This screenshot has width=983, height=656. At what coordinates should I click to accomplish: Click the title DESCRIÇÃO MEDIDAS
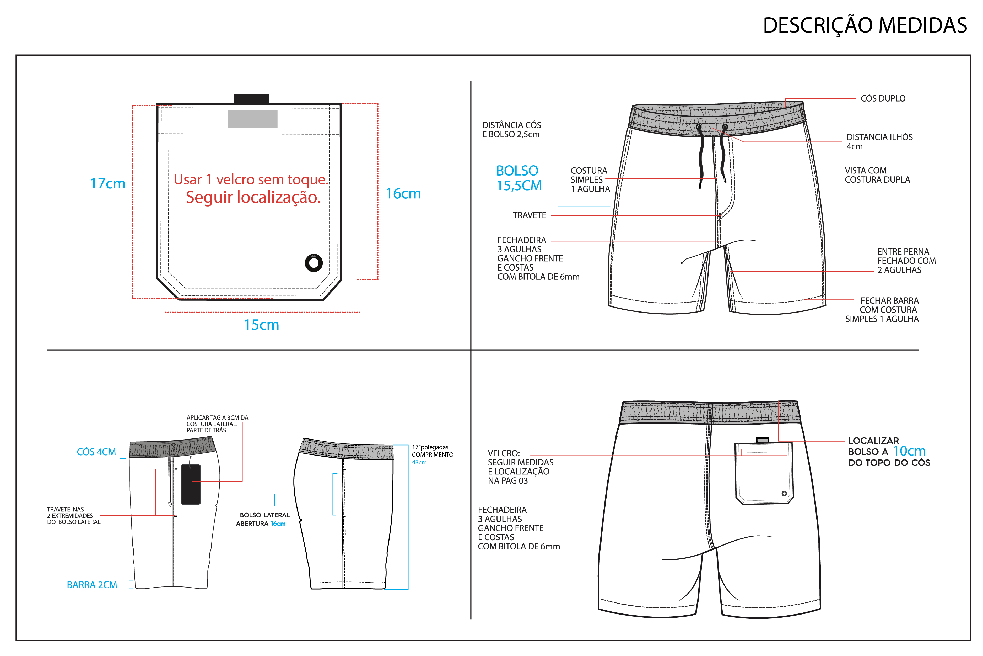click(865, 25)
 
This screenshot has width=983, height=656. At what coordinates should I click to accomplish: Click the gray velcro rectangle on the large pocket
click(252, 119)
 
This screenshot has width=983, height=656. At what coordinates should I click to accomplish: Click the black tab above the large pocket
click(252, 99)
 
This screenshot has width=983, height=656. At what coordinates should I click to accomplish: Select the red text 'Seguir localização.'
click(253, 197)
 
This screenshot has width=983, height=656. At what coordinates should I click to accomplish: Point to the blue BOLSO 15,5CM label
click(519, 178)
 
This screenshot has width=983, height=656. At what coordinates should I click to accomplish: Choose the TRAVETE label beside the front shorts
click(530, 215)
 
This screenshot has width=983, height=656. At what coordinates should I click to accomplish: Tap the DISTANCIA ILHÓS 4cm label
click(879, 141)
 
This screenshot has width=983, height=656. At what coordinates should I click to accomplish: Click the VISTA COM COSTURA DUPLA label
click(877, 175)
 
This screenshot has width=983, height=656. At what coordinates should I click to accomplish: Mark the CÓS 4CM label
click(96, 452)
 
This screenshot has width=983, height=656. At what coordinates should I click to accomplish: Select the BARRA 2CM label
click(92, 585)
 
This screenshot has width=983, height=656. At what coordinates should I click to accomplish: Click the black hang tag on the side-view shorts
click(191, 484)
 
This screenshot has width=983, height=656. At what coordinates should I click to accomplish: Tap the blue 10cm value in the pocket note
click(909, 451)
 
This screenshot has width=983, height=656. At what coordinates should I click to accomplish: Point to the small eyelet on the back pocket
click(784, 494)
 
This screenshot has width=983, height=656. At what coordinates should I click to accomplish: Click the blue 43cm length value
click(419, 462)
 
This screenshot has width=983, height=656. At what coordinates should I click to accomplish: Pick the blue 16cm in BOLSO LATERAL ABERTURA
click(278, 524)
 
